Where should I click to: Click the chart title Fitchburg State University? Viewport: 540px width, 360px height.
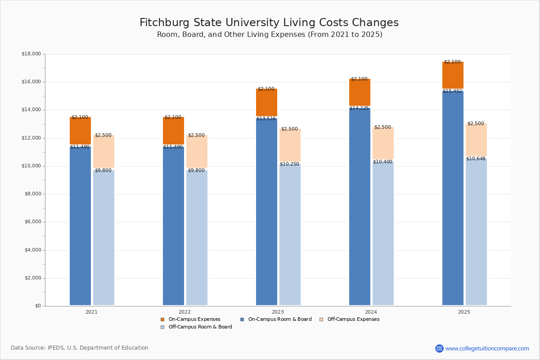point(269,23)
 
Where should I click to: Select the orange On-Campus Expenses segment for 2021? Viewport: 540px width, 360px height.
point(80,131)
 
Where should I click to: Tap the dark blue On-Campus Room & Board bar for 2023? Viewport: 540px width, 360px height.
point(266,211)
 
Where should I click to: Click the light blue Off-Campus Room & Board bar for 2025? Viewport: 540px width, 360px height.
point(476,232)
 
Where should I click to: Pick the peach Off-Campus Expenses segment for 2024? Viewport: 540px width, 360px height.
point(383,143)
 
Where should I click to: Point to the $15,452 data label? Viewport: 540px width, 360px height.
point(452,91)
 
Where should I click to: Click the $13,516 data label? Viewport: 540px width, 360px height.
point(266,119)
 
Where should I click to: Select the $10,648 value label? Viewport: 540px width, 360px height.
point(476,159)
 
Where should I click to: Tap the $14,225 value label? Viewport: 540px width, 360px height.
point(359,108)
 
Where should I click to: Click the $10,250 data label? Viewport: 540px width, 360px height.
point(289,164)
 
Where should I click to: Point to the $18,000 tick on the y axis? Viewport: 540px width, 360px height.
point(31,54)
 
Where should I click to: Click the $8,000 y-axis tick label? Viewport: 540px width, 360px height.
point(32,194)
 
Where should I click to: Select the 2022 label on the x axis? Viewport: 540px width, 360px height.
point(184,312)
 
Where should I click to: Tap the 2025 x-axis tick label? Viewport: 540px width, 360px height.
point(464,312)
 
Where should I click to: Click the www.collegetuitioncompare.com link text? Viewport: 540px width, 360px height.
point(487,348)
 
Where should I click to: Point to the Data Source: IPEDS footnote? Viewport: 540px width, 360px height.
point(80,348)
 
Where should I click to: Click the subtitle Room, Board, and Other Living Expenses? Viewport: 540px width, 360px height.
point(270,35)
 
